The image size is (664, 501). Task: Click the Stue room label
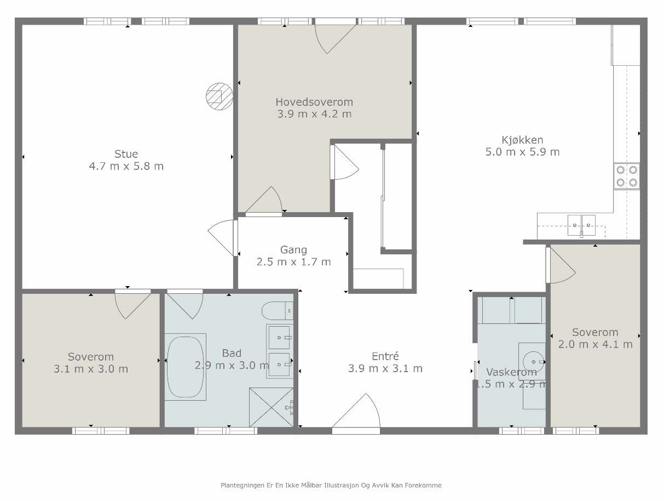coord(126,154)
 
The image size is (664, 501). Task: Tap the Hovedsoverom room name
coord(314,102)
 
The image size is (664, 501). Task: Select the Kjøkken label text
coord(522,140)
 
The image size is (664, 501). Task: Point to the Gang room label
coord(293,250)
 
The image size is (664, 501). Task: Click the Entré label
coord(385,356)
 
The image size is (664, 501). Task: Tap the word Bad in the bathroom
coord(232,353)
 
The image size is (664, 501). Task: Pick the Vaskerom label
coord(511,372)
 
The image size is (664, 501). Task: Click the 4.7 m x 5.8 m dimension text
coord(126,166)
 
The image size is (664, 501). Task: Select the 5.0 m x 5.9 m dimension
coord(522,152)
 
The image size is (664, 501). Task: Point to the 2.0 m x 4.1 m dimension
coord(596,344)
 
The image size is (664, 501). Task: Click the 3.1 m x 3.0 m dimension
coord(91,369)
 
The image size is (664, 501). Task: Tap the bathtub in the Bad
coord(185,367)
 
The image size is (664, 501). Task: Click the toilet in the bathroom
coord(278,311)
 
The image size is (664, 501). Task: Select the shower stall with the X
coord(272,407)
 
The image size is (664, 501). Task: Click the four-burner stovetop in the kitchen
coord(626,177)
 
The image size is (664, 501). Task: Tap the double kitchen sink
coord(581,225)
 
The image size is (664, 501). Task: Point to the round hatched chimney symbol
coord(220,96)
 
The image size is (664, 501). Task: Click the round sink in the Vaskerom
coord(533,362)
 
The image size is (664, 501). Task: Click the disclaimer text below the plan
coord(331,485)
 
